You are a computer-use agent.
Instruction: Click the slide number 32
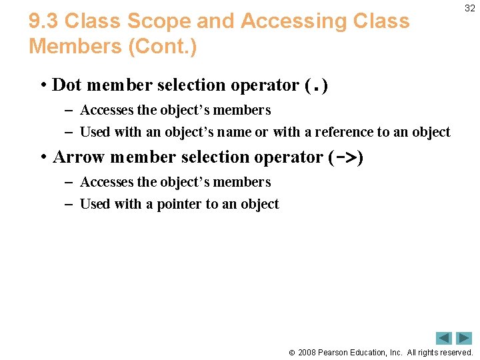click(470, 8)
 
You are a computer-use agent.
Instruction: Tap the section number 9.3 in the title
click(43, 22)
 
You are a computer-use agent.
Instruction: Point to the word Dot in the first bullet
click(67, 85)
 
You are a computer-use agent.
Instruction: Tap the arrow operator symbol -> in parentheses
click(346, 157)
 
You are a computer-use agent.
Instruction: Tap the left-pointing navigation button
click(444, 338)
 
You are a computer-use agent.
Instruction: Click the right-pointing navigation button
click(464, 338)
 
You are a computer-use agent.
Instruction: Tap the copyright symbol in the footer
click(291, 352)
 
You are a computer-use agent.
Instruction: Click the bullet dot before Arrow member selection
click(43, 157)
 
